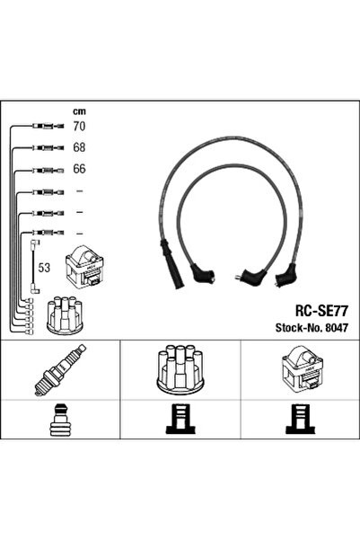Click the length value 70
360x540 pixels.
78,128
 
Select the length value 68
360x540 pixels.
78,148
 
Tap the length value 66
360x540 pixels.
78,170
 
